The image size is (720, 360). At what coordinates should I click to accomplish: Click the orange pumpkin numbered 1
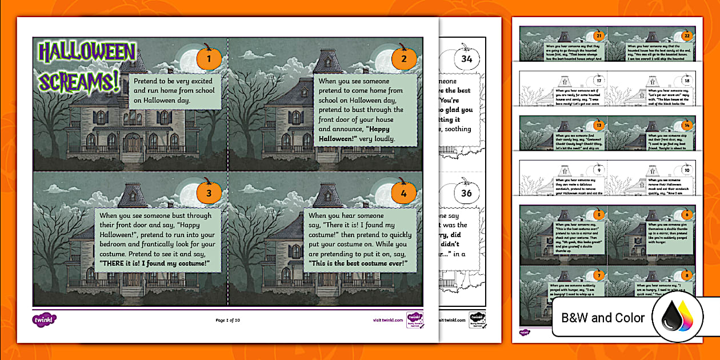point(209,59)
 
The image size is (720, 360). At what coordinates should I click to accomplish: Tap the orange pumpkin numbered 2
point(404,59)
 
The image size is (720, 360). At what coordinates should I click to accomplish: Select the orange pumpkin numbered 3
point(209,193)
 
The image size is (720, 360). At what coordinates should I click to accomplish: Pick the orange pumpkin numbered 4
point(404,193)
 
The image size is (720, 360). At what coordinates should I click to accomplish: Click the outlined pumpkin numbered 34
point(466,58)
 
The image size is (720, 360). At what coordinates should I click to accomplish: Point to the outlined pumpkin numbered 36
point(466,193)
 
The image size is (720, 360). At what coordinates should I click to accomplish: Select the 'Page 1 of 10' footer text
point(228,321)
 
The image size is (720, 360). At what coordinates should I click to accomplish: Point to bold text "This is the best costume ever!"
point(358,263)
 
